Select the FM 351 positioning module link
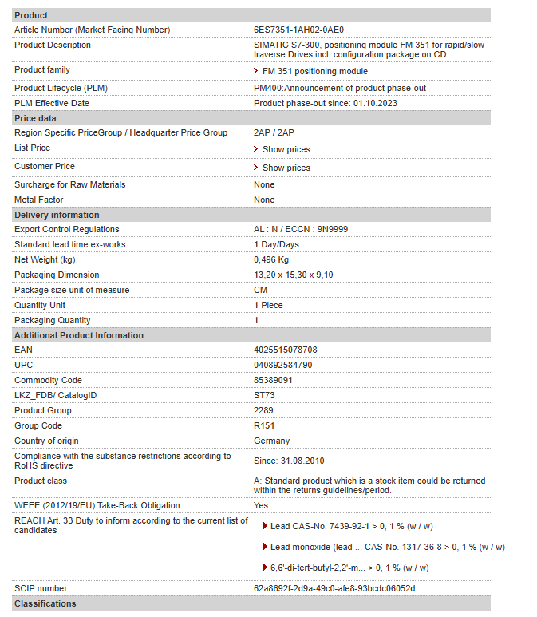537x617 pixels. tap(314, 71)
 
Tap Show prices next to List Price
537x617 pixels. tap(286, 149)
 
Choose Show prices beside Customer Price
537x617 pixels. tap(286, 168)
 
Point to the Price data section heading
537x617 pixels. tap(35, 118)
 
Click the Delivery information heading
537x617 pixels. tap(57, 215)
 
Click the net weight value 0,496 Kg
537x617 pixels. tap(271, 259)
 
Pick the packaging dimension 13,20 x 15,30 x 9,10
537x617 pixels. tap(293, 275)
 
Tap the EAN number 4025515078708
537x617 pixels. tap(285, 350)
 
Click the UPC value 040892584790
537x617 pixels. tap(282, 365)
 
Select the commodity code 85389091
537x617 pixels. tap(273, 380)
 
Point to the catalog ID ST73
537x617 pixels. tap(264, 395)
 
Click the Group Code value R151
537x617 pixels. tap(264, 425)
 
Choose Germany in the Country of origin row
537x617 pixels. tap(271, 441)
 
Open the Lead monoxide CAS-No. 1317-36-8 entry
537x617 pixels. tap(383, 547)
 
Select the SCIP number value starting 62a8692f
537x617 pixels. tap(334, 588)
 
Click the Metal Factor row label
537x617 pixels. tap(38, 200)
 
